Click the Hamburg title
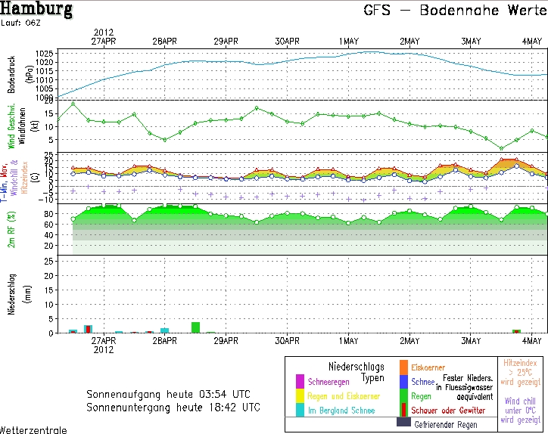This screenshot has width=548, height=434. [x=37, y=10]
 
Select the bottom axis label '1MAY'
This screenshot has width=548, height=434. [x=349, y=341]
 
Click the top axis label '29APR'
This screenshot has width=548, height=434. [x=226, y=41]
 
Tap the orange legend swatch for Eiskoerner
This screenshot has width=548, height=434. [x=403, y=368]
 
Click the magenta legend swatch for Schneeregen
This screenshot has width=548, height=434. [x=300, y=380]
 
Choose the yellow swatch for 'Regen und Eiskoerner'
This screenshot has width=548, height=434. [x=300, y=395]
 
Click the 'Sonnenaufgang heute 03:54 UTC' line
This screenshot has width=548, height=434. [x=173, y=394]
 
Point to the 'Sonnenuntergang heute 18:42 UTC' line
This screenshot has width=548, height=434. [x=173, y=407]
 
